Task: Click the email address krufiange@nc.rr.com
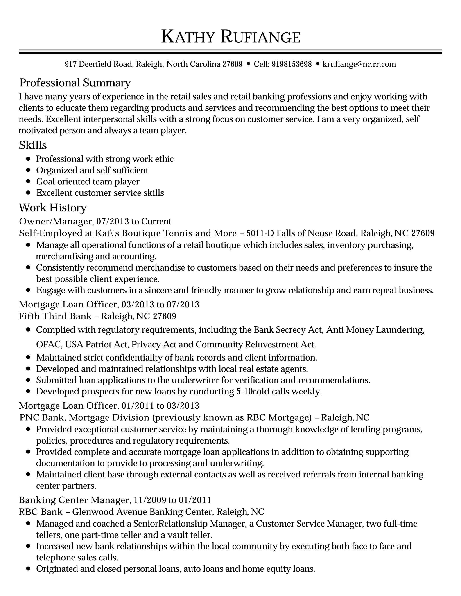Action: (x=359, y=64)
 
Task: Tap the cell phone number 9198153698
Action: (x=292, y=64)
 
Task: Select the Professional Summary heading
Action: (x=75, y=83)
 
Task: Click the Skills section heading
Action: (x=33, y=145)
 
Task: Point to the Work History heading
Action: (x=52, y=208)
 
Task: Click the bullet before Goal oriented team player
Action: (x=28, y=181)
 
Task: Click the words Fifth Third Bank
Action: (x=55, y=316)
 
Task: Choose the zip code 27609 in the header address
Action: (x=232, y=64)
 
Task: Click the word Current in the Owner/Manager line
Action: (x=156, y=221)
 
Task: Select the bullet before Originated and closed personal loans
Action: (x=28, y=569)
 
